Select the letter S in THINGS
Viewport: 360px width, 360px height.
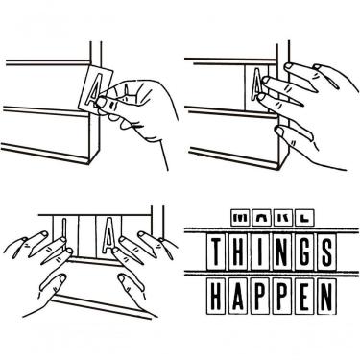tap(326, 252)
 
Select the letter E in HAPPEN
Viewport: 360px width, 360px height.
tap(304, 296)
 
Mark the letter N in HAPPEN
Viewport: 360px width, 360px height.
tap(326, 296)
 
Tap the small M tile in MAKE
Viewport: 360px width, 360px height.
tap(240, 218)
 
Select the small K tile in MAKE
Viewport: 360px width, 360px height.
tap(283, 218)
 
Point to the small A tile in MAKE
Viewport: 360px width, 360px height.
tap(261, 218)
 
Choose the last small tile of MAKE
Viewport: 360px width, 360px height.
tap(304, 218)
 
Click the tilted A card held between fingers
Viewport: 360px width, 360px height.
tap(95, 88)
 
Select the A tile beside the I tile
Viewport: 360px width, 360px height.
tap(108, 235)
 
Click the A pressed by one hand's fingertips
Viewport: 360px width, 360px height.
tap(257, 84)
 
